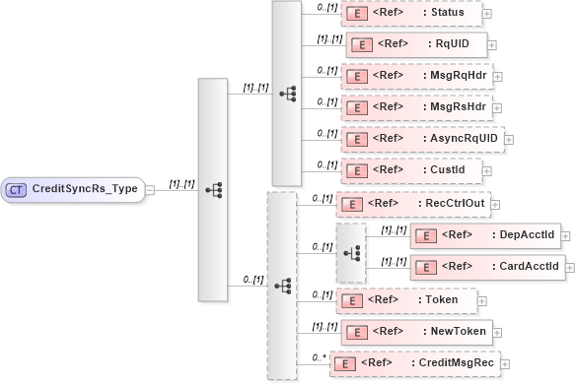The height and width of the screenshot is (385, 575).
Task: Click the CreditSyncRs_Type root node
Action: (73, 188)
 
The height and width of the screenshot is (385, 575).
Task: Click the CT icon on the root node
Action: (18, 188)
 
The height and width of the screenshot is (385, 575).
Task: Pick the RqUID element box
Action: (414, 44)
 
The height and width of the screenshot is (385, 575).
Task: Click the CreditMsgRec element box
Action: (414, 362)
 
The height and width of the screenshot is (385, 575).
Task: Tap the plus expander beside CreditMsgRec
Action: (506, 363)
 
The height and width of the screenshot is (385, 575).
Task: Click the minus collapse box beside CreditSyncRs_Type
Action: (151, 189)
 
